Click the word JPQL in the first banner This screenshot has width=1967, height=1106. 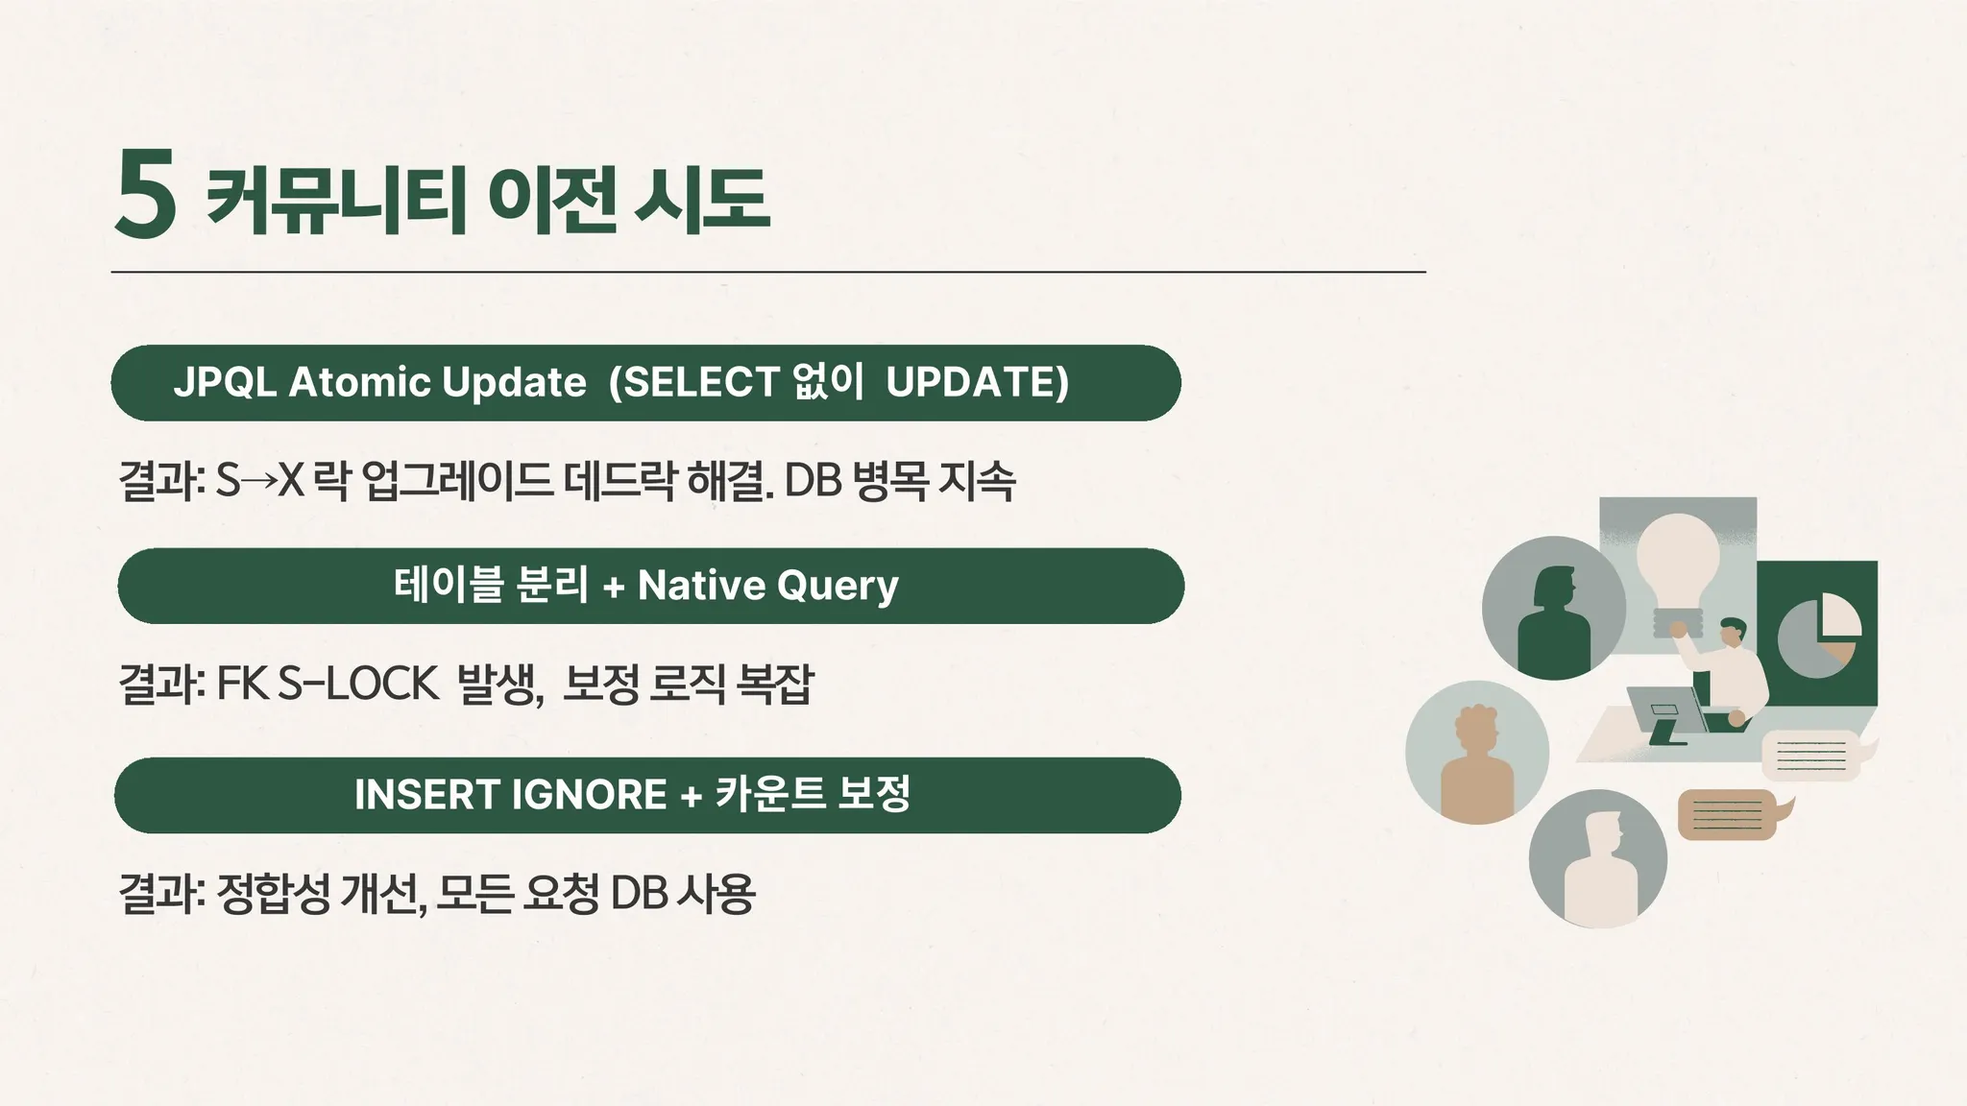coord(226,382)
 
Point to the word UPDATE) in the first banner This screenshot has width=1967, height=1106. coord(977,382)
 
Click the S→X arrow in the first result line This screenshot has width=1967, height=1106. coord(258,481)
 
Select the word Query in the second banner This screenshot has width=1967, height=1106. coord(838,587)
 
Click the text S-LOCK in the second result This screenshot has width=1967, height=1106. coord(357,684)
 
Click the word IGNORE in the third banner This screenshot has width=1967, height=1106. coord(589,794)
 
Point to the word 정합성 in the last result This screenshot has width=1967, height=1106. coord(274,893)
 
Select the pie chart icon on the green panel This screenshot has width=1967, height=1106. coord(1819,636)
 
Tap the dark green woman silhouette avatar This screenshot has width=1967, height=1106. coord(1554,608)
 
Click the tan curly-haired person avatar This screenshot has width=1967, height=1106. coord(1477,753)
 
